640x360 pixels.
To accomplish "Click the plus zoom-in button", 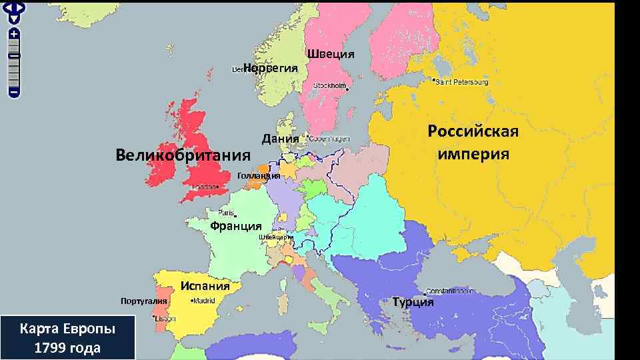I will (14, 33).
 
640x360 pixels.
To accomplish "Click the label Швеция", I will (330, 53).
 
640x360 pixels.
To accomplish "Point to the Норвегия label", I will (275, 68).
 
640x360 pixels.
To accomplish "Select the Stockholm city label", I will (330, 87).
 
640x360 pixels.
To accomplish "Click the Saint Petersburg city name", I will (461, 82).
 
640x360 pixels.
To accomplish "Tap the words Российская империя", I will (473, 142).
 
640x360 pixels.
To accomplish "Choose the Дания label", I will (280, 139).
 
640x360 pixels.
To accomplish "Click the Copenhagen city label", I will (329, 139).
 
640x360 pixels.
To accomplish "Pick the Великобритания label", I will (183, 155).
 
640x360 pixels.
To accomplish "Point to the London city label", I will (205, 187).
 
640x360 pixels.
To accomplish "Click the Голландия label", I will (258, 175).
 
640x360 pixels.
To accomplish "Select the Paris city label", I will (226, 213).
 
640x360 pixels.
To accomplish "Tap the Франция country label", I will (235, 226).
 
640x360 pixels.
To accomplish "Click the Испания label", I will (205, 286).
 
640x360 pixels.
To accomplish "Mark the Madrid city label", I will (203, 301).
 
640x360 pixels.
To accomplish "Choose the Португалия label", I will (143, 301).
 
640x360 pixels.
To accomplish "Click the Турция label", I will (413, 302).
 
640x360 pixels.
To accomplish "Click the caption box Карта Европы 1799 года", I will (68, 338).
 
